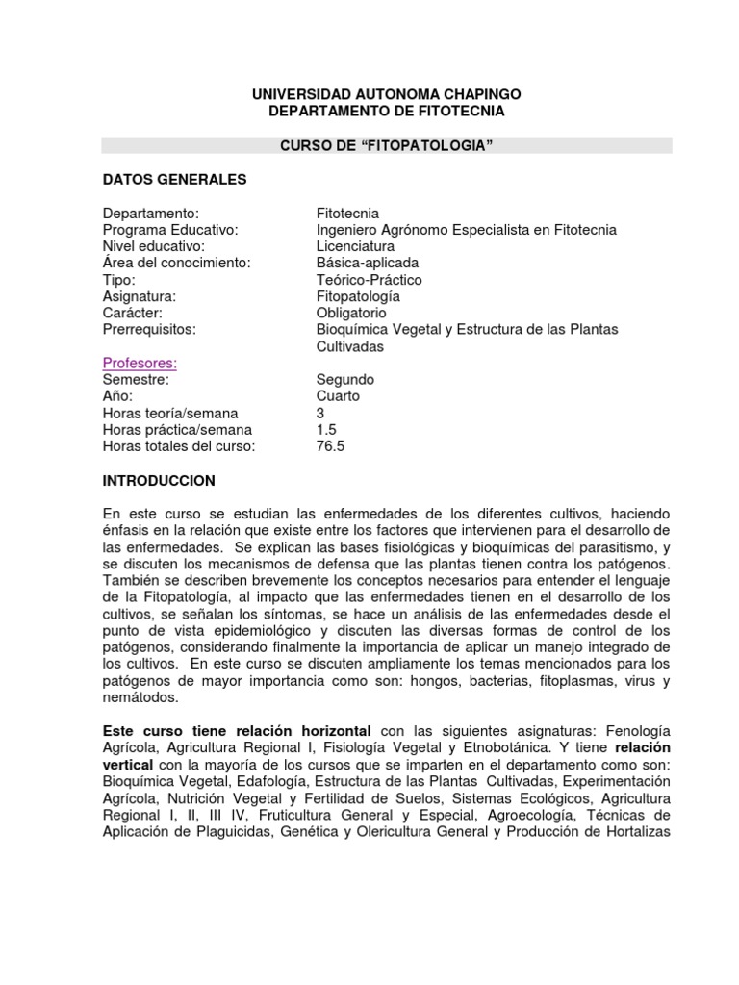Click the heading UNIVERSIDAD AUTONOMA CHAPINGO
[x=386, y=94]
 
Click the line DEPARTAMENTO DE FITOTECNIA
[x=386, y=112]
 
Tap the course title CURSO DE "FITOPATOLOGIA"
[x=386, y=145]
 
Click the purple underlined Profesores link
[x=140, y=363]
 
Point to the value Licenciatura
[x=355, y=246]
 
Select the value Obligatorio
[x=351, y=314]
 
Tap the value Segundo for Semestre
[x=345, y=380]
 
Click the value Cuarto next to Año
[x=338, y=396]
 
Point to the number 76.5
[x=330, y=446]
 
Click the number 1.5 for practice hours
[x=327, y=430]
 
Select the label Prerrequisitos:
[x=149, y=330]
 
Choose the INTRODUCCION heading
[x=159, y=480]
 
